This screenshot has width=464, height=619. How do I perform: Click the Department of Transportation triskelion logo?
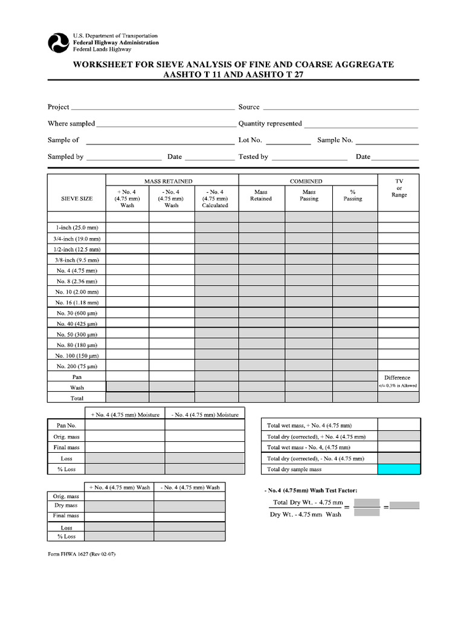tap(59, 43)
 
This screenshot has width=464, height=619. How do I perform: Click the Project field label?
tap(59, 107)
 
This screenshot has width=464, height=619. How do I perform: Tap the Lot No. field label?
tap(250, 140)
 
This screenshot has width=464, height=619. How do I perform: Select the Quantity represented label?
tap(270, 123)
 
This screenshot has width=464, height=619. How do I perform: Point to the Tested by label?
tap(253, 157)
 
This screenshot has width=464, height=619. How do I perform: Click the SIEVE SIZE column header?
tap(77, 198)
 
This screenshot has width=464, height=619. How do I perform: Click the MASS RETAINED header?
tap(168, 181)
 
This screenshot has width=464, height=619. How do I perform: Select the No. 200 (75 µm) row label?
tap(77, 366)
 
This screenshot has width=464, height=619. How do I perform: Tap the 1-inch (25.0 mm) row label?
tap(77, 228)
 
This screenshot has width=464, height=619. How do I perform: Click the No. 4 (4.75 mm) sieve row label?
tap(77, 270)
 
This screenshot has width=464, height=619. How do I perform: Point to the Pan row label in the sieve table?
tap(77, 377)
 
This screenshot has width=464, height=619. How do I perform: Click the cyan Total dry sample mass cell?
tap(399, 469)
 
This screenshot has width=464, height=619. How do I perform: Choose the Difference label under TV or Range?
tap(397, 378)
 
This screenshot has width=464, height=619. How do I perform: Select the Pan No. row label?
tap(66, 426)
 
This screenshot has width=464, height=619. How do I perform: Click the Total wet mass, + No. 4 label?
tap(309, 426)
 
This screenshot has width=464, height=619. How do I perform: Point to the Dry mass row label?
tap(66, 505)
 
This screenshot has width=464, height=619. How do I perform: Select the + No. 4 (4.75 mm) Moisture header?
tap(125, 415)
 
